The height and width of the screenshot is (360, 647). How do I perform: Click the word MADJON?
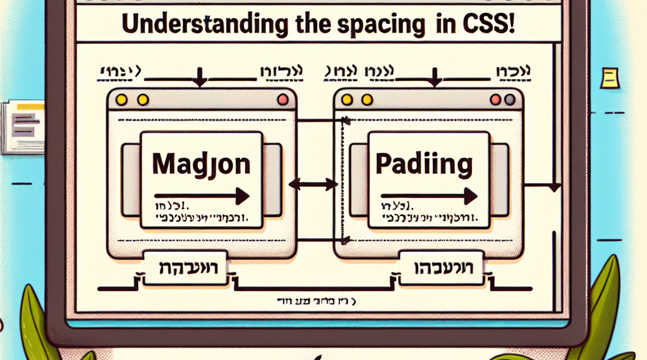[201, 166]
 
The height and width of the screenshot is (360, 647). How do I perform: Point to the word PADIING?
[423, 165]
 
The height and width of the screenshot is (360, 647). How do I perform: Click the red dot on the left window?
[282, 100]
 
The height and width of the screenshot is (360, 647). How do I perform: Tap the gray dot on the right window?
[509, 99]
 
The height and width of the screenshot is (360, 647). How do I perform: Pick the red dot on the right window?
[496, 99]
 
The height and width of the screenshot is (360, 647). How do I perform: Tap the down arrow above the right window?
[435, 79]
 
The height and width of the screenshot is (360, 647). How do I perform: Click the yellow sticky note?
[610, 79]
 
